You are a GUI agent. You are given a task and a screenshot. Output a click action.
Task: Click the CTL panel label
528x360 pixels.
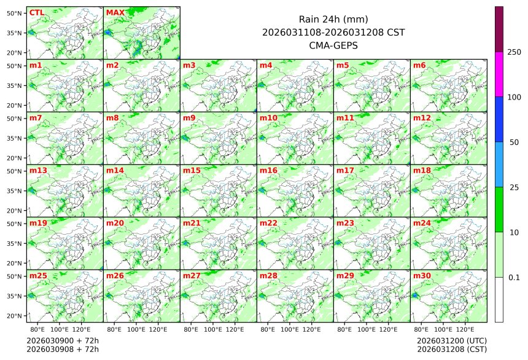tap(37, 13)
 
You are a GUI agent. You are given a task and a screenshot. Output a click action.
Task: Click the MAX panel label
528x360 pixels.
tap(115, 13)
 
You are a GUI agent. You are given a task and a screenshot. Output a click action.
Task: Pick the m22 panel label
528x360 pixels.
tap(268, 223)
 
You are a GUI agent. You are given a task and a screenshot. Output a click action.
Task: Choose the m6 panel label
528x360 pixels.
tap(419, 65)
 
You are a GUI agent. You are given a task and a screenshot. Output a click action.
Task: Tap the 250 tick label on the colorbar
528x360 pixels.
tap(514, 52)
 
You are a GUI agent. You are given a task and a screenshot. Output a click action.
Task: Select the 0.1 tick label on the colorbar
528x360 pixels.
tap(514, 278)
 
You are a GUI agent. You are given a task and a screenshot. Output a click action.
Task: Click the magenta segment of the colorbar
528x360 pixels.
tap(499, 74)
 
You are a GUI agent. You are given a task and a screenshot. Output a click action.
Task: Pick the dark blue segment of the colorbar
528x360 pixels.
tap(499, 119)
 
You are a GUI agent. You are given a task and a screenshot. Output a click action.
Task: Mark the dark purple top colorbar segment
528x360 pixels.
tap(499, 29)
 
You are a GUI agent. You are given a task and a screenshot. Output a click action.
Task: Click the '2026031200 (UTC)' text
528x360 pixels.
tap(452, 340)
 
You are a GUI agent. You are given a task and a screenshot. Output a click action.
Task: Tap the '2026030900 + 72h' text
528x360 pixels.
tap(63, 340)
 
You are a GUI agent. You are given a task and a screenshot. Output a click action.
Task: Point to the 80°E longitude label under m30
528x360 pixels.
tap(422, 330)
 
